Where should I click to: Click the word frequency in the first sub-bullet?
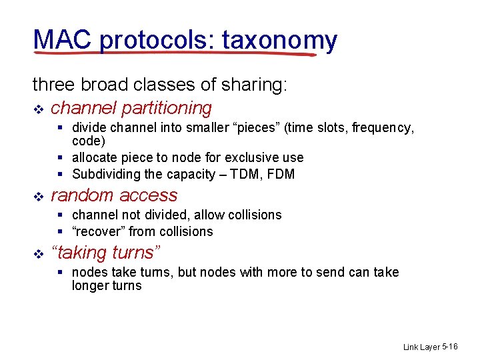point(385,127)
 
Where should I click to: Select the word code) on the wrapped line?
point(89,141)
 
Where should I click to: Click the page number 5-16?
point(450,347)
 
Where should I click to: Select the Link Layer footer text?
point(421,347)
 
